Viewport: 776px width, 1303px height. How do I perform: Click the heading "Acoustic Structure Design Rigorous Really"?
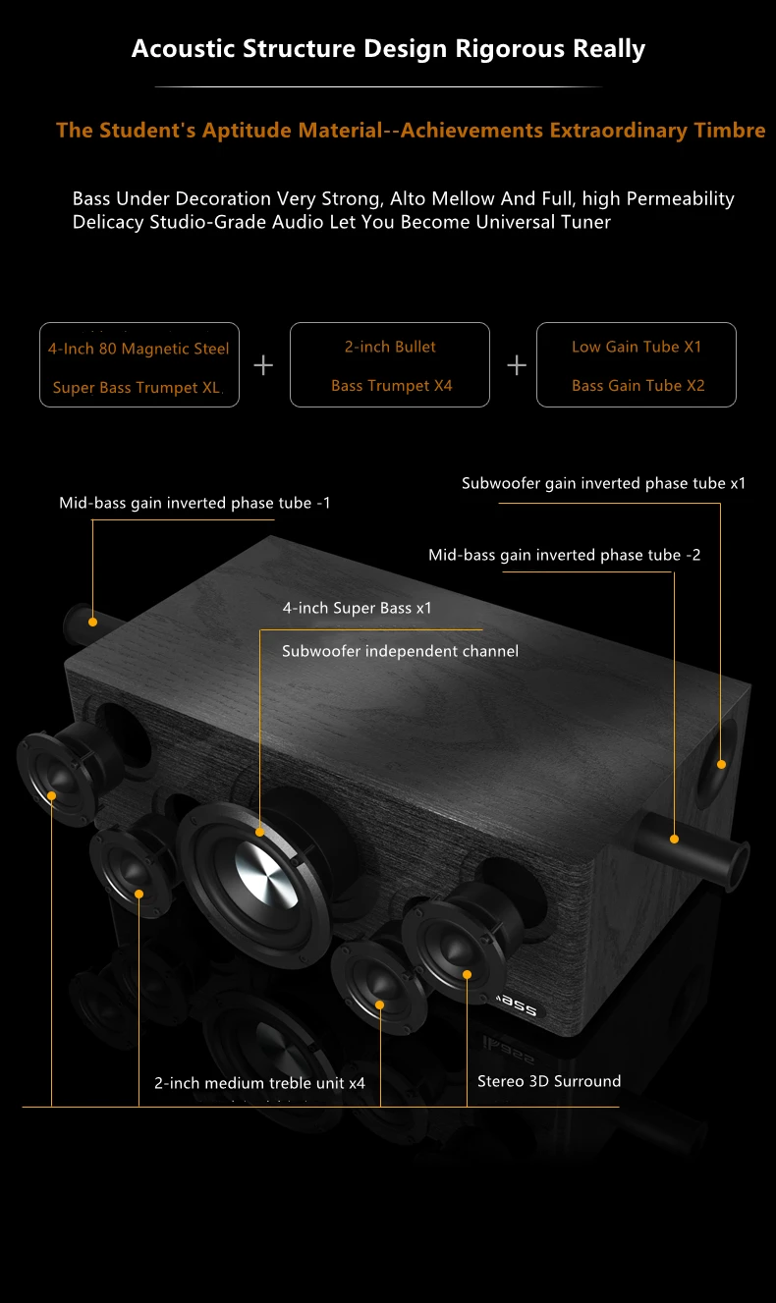click(388, 49)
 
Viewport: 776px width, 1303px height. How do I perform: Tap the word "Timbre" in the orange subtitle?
click(730, 131)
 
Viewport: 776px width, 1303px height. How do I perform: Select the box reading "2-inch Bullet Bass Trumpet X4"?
click(390, 364)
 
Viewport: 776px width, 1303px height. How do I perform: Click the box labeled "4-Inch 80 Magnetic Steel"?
click(139, 364)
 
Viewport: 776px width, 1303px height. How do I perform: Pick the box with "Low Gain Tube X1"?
click(637, 364)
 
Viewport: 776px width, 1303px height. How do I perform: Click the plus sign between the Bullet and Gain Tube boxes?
click(517, 365)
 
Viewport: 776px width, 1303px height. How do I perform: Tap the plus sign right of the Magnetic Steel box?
click(263, 365)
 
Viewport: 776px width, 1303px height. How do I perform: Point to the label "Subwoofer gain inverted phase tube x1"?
click(603, 483)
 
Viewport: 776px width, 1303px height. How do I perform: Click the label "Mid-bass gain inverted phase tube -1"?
click(194, 503)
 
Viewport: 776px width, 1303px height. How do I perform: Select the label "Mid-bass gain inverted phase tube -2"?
click(564, 555)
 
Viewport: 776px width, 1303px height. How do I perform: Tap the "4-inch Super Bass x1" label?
click(358, 609)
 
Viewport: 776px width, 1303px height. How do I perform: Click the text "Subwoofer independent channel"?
click(400, 651)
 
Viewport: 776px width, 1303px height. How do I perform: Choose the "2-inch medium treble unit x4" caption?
click(259, 1083)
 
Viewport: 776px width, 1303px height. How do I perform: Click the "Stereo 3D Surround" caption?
click(549, 1081)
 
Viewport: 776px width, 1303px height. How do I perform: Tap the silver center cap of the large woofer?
click(266, 876)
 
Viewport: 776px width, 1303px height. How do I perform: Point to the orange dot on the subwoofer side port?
click(721, 764)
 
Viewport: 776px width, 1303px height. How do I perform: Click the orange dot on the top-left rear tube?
click(92, 622)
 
